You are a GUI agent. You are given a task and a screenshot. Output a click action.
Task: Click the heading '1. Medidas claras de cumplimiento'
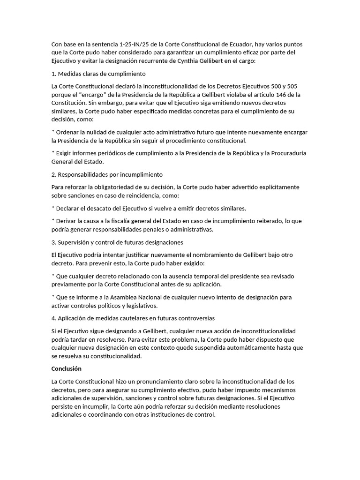pos(98,74)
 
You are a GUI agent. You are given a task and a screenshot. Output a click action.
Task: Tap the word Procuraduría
pos(285,153)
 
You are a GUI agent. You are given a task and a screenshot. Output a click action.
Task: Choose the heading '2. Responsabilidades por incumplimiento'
pos(107,174)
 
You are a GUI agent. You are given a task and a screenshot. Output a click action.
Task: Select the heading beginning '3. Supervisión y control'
pos(117,242)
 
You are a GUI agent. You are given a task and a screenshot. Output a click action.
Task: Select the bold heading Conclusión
pos(66,368)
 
